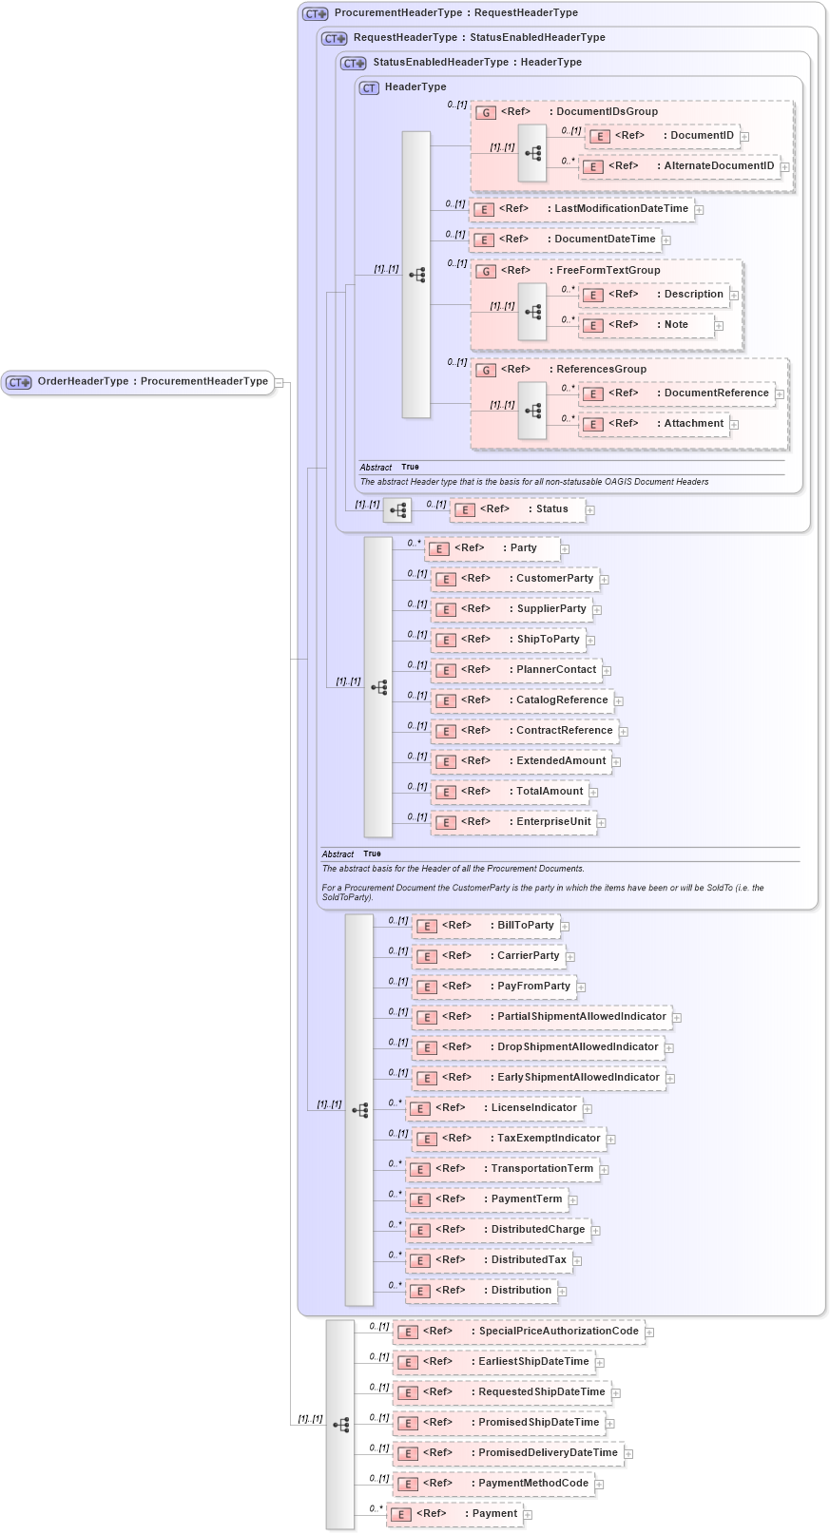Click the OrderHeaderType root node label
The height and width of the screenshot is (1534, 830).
152,382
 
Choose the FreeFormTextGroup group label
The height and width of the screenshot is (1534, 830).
608,271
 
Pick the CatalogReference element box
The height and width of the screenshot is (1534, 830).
522,700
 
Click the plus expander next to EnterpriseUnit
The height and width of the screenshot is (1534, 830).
602,823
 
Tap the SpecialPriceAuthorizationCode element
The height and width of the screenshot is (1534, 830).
518,1332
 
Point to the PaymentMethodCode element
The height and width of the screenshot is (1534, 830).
493,1484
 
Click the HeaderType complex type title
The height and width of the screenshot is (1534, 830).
415,87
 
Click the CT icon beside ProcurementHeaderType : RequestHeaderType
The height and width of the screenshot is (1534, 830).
316,14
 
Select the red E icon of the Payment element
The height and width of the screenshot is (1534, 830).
401,1515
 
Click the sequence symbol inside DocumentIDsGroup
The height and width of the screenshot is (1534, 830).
532,153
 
